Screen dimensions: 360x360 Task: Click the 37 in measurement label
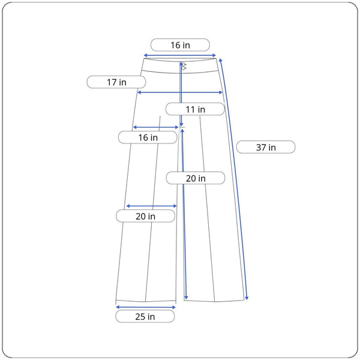point(266,147)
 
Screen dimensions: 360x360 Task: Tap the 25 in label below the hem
point(145,316)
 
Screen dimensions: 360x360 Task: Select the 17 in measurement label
point(116,82)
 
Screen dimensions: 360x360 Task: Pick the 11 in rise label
point(195,109)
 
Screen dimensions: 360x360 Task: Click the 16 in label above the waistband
point(180,45)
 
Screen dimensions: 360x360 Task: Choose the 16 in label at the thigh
point(148,137)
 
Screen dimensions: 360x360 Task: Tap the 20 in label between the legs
point(196,178)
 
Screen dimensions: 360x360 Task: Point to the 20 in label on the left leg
point(145,216)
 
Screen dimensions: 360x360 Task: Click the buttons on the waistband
point(184,66)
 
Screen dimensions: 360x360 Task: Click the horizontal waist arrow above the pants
point(180,55)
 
